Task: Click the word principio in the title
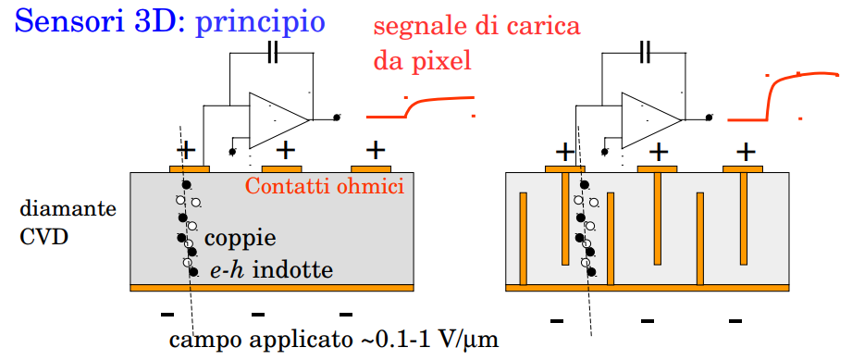pos(260,23)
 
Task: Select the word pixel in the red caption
pos(440,62)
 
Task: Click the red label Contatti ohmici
pos(325,187)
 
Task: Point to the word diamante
pos(68,209)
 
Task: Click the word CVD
pos(44,238)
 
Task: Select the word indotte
pos(293,269)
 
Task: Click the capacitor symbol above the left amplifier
pos(273,54)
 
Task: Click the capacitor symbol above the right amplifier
pos(645,54)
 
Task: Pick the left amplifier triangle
pos(278,120)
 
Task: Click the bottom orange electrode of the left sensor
pos(272,288)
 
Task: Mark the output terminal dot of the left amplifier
pos(337,118)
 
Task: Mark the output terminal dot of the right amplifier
pos(709,117)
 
